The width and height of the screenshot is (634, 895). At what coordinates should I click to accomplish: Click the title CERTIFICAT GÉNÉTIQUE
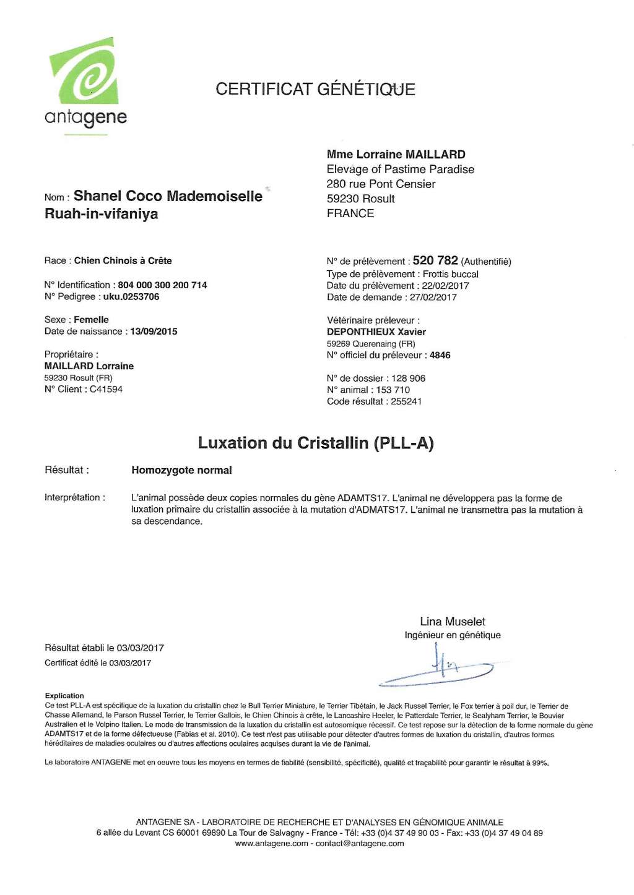pos(315,89)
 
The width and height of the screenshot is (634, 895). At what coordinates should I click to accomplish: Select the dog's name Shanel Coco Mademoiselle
pos(168,196)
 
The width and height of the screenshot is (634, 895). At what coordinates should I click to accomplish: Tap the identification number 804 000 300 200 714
pos(162,285)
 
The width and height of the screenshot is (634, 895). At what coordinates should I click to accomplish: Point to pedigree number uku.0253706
pos(131,297)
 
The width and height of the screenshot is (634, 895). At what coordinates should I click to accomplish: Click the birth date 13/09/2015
pos(154,332)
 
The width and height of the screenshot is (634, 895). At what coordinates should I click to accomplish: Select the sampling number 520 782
pos(435,260)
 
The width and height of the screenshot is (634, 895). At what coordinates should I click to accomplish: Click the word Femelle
pos(91,320)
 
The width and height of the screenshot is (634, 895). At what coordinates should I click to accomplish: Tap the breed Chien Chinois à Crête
pos(123,261)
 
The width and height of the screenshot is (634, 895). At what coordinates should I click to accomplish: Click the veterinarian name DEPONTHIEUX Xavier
pos(376,332)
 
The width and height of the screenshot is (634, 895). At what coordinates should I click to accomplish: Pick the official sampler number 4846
pos(440,355)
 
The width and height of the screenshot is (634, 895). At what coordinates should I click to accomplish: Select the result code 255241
pos(406,401)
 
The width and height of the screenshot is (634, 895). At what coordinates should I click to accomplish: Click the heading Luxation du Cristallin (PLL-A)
pos(316,443)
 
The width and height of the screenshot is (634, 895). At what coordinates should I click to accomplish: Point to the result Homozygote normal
pos(181,470)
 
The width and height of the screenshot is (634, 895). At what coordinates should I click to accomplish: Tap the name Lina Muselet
pos(453,622)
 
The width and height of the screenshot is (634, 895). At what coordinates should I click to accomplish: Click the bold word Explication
pos(64,696)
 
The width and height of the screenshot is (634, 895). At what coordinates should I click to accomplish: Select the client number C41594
pos(106,389)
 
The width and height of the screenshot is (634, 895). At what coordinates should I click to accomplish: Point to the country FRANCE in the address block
pos(350,213)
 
